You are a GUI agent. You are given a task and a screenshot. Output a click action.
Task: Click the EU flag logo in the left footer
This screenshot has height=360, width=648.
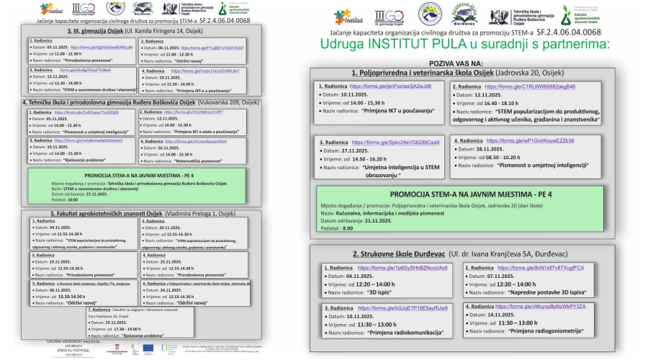tap(149, 347)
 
